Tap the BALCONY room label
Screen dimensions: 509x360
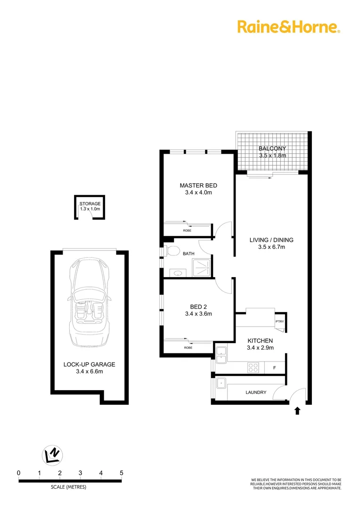(x=272, y=148)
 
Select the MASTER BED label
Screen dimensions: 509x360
(x=198, y=185)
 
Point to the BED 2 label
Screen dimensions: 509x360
(x=198, y=304)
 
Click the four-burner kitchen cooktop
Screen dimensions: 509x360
(x=253, y=368)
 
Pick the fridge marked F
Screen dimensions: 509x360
(x=275, y=368)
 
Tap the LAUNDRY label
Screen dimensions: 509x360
(x=256, y=393)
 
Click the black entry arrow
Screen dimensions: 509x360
(x=297, y=411)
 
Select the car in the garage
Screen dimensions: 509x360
(x=89, y=302)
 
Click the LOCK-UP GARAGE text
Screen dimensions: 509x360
(x=89, y=364)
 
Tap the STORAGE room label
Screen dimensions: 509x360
(x=90, y=204)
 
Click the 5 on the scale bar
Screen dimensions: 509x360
(x=122, y=473)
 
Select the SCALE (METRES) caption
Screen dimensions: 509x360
(x=69, y=487)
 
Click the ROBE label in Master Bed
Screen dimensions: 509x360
(x=188, y=230)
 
